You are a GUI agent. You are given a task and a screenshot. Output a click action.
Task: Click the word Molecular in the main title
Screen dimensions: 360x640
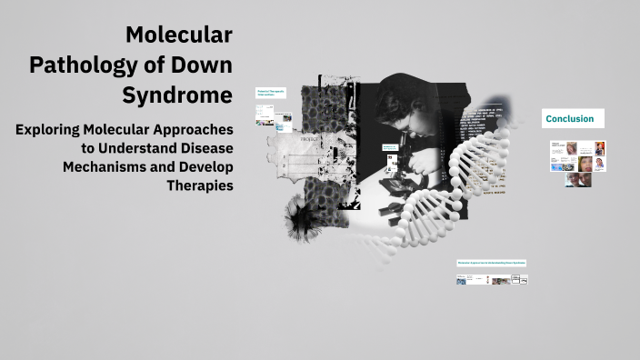178,35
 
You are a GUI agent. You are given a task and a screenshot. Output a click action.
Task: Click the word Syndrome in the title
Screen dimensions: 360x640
176,95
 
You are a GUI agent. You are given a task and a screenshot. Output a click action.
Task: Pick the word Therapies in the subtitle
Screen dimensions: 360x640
200,185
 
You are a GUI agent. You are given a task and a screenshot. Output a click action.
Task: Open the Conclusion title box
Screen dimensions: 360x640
572,119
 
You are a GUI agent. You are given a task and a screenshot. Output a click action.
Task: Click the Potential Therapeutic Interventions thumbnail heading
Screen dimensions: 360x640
271,94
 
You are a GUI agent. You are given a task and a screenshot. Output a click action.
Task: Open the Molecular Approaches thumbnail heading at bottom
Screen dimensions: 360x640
491,263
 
